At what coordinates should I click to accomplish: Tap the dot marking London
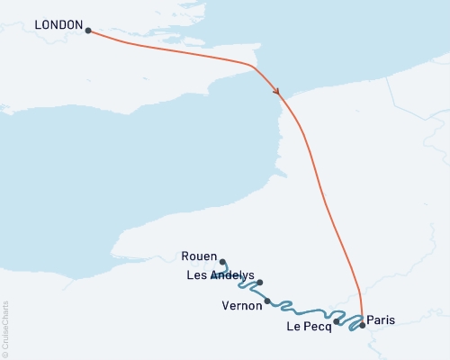(88, 31)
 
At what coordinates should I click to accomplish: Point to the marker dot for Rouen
(223, 262)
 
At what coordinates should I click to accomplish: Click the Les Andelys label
(220, 274)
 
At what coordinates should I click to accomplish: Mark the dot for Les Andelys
(260, 283)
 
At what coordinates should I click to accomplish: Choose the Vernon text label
(241, 305)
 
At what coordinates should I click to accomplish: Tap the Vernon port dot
(267, 301)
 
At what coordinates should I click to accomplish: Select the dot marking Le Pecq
(337, 321)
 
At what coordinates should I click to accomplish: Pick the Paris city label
(381, 319)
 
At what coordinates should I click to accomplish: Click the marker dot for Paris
(363, 326)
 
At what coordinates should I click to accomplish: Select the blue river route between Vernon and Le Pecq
(301, 310)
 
